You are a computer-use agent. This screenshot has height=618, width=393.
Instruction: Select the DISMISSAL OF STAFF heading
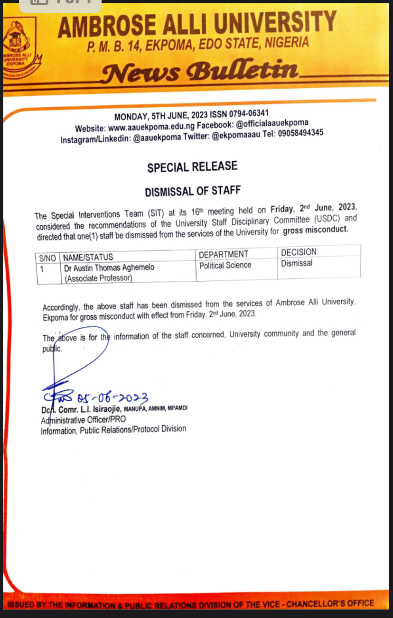tap(193, 191)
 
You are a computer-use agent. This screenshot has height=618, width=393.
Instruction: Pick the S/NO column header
tap(47, 258)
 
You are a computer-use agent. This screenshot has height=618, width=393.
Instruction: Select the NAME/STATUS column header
tap(88, 258)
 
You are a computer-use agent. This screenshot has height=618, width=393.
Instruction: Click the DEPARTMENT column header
tap(224, 255)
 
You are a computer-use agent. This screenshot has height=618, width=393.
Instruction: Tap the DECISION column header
tap(299, 252)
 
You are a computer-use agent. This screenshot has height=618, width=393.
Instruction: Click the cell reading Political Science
tap(225, 265)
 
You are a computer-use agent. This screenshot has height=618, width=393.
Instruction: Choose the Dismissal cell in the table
tap(297, 263)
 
